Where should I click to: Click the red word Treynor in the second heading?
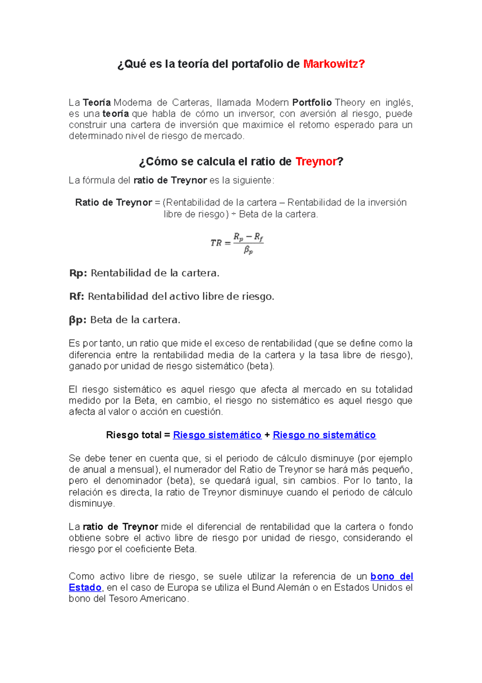coord(316,162)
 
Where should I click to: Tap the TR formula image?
coord(237,243)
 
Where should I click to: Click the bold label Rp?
coord(78,273)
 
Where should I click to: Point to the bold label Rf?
coord(77,296)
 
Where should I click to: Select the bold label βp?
coord(78,320)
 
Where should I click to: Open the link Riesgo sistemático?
coord(217,435)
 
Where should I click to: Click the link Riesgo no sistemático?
coord(324,435)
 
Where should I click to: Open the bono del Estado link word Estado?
coord(85,587)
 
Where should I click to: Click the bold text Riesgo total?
coord(133,435)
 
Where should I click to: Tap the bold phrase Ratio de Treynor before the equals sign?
coord(114,202)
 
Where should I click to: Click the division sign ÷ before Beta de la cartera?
coord(233,214)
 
